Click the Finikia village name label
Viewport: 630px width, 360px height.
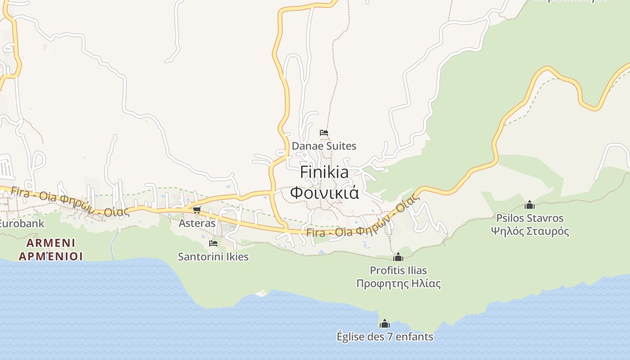[x=324, y=172]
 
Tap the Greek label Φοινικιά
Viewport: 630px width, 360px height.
[x=324, y=193]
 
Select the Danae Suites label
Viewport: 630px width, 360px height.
[x=324, y=146]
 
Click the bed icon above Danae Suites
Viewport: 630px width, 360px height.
[x=324, y=133]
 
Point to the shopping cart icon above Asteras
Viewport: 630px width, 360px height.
[x=197, y=210]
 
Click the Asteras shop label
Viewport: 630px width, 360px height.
[x=197, y=223]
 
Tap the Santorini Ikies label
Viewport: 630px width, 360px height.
[x=213, y=256]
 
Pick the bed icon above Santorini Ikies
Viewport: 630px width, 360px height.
[x=213, y=243]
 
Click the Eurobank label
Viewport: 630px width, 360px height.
[x=22, y=223]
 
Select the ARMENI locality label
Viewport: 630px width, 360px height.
[x=51, y=243]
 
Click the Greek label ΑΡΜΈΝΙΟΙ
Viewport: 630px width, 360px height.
[x=51, y=256]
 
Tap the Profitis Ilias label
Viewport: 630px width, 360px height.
[x=398, y=270]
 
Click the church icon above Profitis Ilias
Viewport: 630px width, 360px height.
[x=398, y=257]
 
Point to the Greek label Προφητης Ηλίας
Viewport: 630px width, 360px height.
[x=398, y=283]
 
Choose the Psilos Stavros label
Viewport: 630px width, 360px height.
[x=530, y=218]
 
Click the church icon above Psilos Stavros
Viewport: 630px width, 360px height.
[x=530, y=205]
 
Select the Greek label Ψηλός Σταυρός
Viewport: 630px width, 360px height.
[x=530, y=231]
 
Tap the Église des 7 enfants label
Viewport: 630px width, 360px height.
[x=385, y=336]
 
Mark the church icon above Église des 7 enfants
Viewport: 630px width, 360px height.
[x=385, y=324]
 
